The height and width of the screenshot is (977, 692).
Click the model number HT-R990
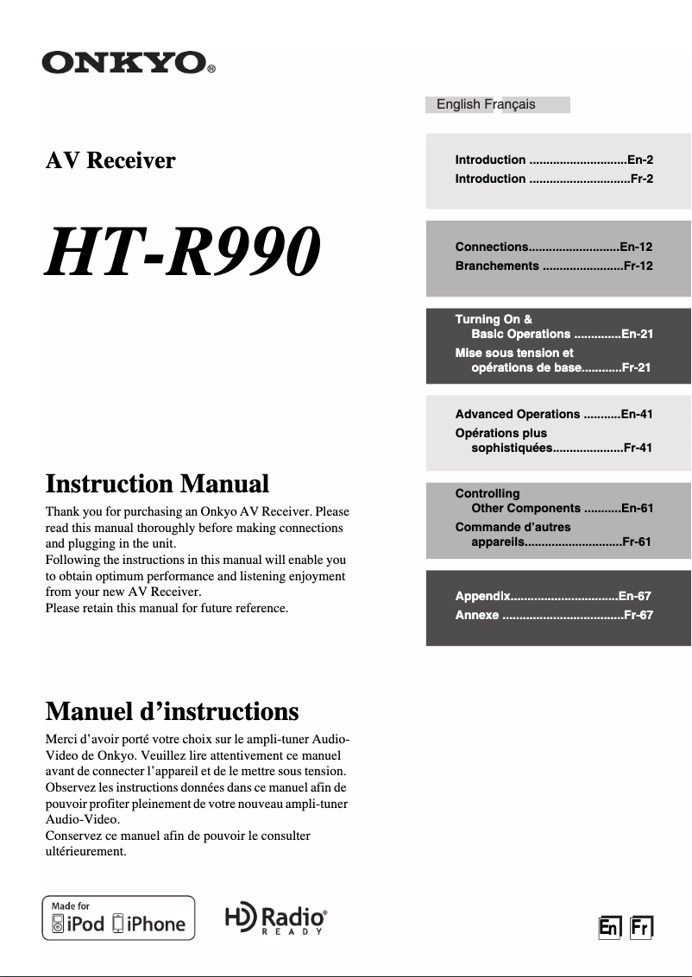[x=182, y=251]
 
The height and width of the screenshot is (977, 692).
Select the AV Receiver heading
[x=110, y=160]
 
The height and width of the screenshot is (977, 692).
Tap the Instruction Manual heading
[x=157, y=484]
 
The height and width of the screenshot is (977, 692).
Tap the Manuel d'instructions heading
[x=172, y=711]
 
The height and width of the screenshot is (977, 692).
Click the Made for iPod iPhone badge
[x=119, y=918]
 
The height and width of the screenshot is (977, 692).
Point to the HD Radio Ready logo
[x=275, y=919]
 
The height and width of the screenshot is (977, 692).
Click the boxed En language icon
[x=609, y=927]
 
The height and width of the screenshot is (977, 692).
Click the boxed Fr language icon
[x=640, y=927]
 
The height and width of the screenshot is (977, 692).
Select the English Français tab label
[x=486, y=104]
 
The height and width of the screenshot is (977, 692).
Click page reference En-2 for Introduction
[x=639, y=160]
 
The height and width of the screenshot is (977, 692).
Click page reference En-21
[x=636, y=334]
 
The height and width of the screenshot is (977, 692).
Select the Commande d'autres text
[x=513, y=527]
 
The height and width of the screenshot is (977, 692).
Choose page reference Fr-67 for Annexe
[x=638, y=615]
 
